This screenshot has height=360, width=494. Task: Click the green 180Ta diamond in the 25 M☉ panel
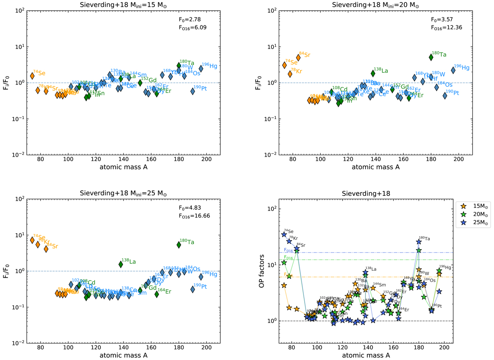[179, 244]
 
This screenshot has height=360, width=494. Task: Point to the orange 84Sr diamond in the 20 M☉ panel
[298, 58]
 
